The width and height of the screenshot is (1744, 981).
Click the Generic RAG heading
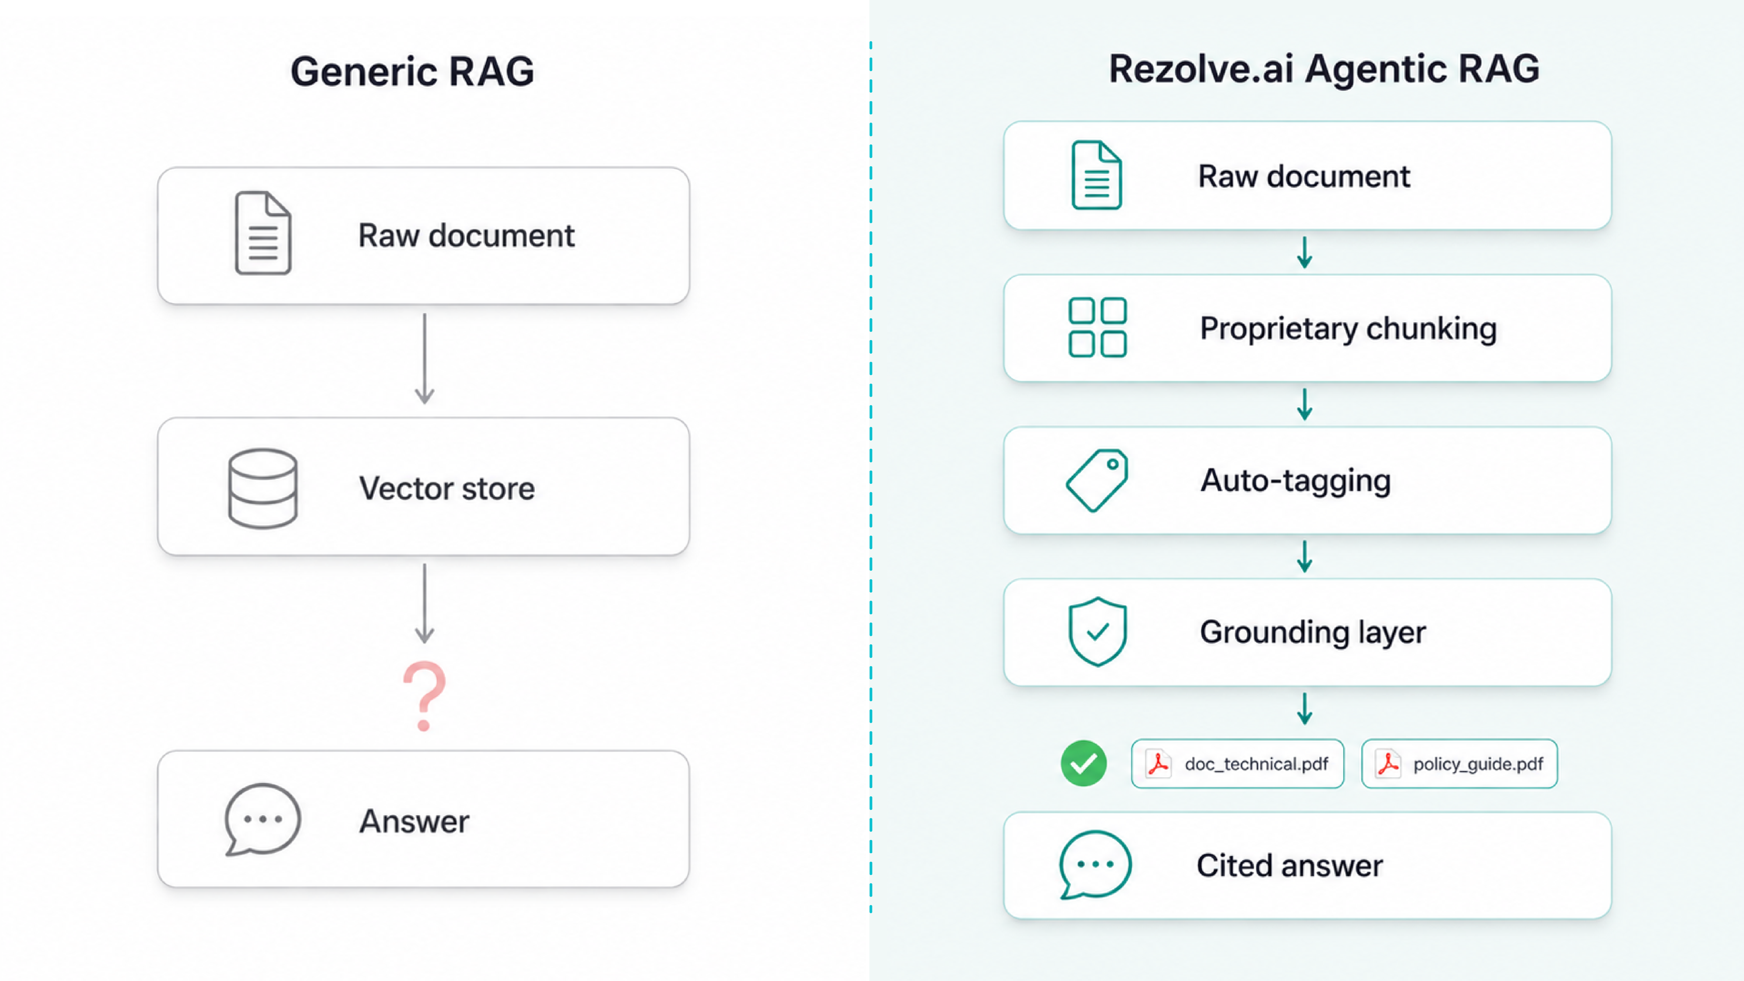point(412,71)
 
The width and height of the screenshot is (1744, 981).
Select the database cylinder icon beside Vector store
point(263,488)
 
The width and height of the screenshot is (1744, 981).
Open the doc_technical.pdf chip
point(1237,764)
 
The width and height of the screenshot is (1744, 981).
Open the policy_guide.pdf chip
point(1460,764)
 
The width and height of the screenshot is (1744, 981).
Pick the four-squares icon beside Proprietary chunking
point(1098,328)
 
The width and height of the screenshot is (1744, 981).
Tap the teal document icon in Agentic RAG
point(1097,175)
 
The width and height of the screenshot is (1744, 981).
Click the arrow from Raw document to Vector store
point(424,359)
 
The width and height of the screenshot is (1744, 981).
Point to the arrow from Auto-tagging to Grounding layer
point(1305,557)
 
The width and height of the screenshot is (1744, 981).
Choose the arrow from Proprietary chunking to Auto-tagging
point(1305,404)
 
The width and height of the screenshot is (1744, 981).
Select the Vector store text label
point(447,488)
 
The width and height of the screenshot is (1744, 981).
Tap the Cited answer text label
point(1290,865)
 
